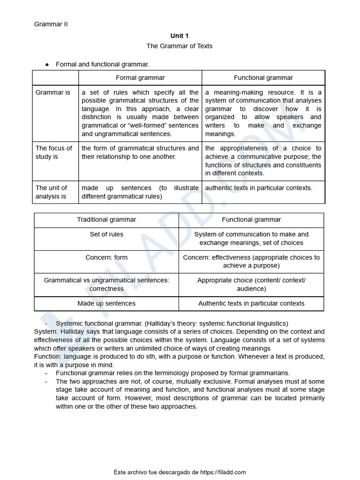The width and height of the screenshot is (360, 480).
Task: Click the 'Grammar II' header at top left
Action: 51,24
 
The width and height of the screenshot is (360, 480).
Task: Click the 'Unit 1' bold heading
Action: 179,36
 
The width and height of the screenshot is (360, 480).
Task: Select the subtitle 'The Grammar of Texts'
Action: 179,46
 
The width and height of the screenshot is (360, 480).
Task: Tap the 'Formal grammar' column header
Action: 140,78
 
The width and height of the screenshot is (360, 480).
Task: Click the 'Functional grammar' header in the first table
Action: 263,78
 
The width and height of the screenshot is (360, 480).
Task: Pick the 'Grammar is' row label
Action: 53,92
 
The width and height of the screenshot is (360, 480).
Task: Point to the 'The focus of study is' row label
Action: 54,152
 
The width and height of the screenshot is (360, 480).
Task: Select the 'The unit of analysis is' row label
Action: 52,192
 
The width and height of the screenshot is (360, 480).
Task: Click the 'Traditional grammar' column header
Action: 106,219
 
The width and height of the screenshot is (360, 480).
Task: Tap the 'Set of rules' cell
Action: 106,234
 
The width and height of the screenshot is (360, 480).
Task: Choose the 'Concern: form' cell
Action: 106,257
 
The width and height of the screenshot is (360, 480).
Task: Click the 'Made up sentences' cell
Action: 106,303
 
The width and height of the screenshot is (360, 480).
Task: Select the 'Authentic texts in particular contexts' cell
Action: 251,303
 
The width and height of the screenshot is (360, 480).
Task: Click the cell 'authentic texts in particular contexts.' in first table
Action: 259,188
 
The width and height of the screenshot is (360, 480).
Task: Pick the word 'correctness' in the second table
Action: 106,289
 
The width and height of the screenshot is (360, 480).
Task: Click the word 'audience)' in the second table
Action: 251,289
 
